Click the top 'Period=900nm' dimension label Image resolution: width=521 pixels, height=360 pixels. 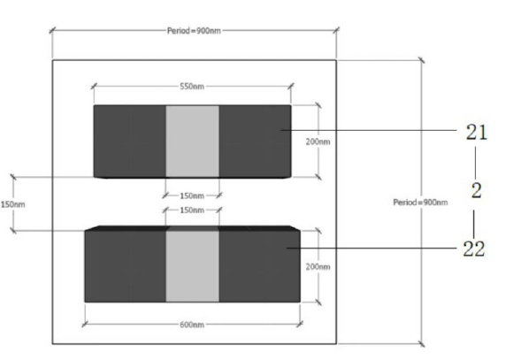(194, 31)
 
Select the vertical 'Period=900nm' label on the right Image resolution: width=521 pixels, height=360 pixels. (420, 202)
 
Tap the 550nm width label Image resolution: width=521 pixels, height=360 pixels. (192, 87)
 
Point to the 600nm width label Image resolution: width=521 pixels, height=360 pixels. (192, 325)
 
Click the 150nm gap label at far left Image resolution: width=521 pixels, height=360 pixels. (13, 204)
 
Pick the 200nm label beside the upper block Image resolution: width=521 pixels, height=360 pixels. (318, 142)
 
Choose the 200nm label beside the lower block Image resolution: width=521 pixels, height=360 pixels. (318, 266)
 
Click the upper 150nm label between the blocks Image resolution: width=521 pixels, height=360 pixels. (192, 195)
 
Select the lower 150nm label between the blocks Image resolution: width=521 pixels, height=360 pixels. (192, 211)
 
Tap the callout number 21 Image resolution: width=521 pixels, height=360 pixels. (477, 132)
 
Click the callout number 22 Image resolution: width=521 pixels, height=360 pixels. (474, 249)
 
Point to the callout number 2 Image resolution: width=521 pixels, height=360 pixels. (477, 191)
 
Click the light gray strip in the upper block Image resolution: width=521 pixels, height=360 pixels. (192, 142)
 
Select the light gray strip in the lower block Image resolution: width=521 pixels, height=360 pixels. (192, 266)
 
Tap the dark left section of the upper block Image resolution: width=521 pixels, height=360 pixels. (130, 142)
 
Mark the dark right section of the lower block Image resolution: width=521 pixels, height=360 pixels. (259, 266)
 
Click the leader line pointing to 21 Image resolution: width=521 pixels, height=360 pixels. (369, 130)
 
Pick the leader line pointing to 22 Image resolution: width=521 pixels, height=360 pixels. (372, 248)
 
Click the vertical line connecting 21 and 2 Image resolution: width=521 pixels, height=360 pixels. (475, 163)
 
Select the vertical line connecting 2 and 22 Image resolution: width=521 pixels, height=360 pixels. (474, 224)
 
